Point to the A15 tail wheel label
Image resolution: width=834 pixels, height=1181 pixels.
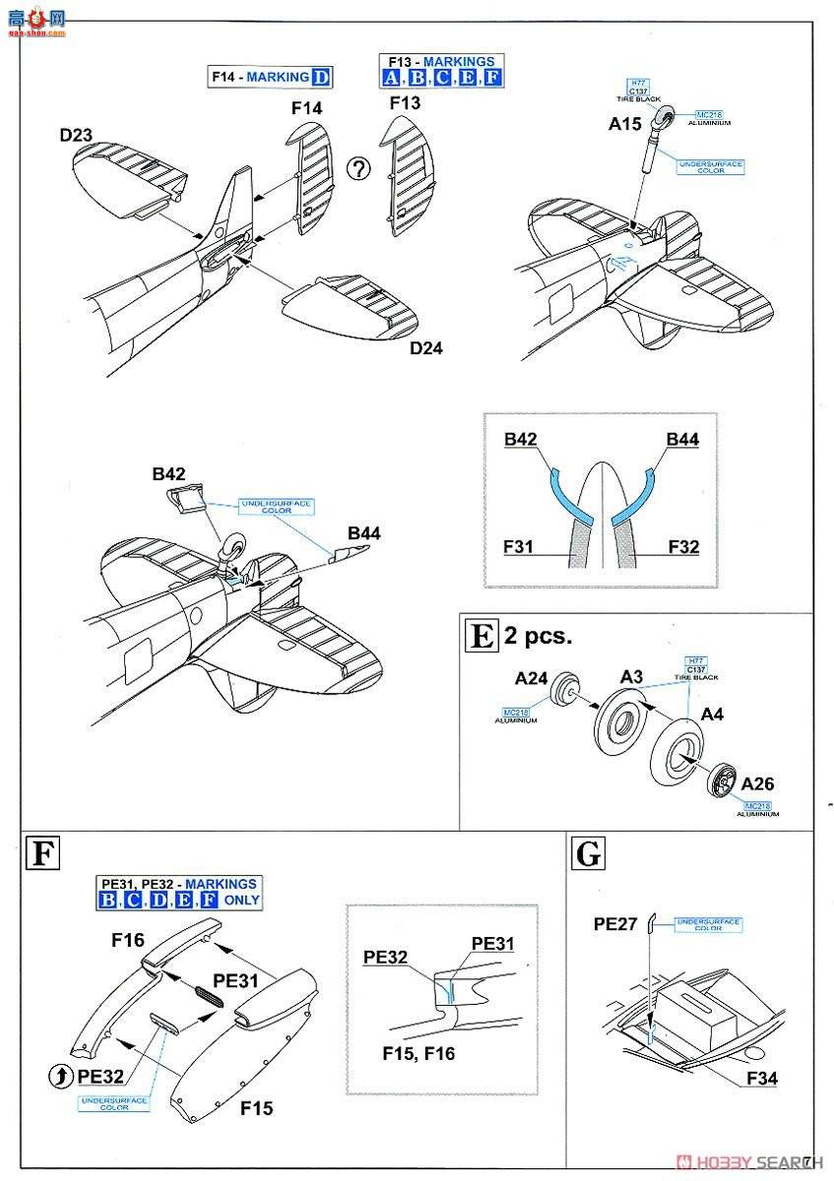pos(625,124)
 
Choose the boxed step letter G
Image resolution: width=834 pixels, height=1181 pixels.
pos(588,853)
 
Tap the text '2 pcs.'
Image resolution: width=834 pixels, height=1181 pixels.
pos(538,636)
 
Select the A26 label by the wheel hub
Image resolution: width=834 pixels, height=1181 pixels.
pos(758,783)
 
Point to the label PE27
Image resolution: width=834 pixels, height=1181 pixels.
pos(614,924)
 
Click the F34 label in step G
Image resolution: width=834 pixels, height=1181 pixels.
pos(761,1079)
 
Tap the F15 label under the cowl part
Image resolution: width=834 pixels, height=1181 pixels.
pos(257,1108)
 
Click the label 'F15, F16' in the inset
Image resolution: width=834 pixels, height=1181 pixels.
pos(417,1052)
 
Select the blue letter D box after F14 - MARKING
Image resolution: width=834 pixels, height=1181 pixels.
pos(321,78)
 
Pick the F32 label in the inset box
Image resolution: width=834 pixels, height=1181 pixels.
pos(681,545)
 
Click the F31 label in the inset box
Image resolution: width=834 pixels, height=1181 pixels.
pos(519,545)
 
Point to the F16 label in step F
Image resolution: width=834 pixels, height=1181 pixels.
pos(128,940)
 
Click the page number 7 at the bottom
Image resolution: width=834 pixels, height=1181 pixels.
pos(806,1161)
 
